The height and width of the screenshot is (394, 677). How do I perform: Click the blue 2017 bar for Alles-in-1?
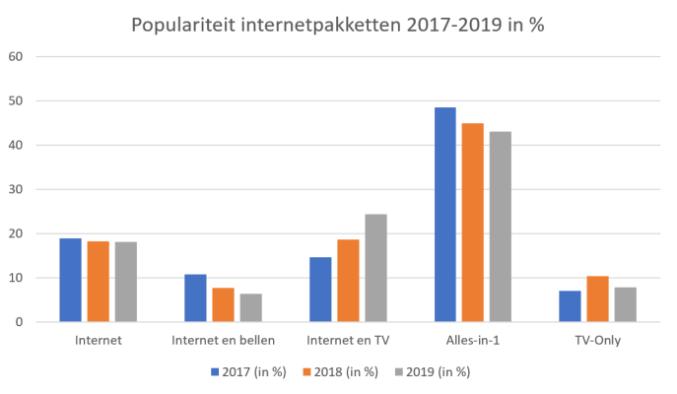coord(444,215)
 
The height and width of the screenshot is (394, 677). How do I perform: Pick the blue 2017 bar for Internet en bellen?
coord(195,297)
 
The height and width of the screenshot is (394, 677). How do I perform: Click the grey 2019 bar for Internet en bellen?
coord(250,307)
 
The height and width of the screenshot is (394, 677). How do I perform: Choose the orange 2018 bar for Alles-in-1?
coord(472,223)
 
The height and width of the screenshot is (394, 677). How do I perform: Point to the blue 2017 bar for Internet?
coord(70,280)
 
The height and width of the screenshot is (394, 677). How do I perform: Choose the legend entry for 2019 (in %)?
coord(433,372)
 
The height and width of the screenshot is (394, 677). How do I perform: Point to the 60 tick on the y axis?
coord(16,56)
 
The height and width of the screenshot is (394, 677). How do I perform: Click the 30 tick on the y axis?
coord(16,189)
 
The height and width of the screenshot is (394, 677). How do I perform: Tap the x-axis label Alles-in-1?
coord(472,341)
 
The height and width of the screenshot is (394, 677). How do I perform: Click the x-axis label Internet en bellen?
coord(223,341)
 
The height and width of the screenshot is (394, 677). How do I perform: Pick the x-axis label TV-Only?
coord(597,341)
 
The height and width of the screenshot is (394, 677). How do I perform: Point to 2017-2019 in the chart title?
coord(451,24)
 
